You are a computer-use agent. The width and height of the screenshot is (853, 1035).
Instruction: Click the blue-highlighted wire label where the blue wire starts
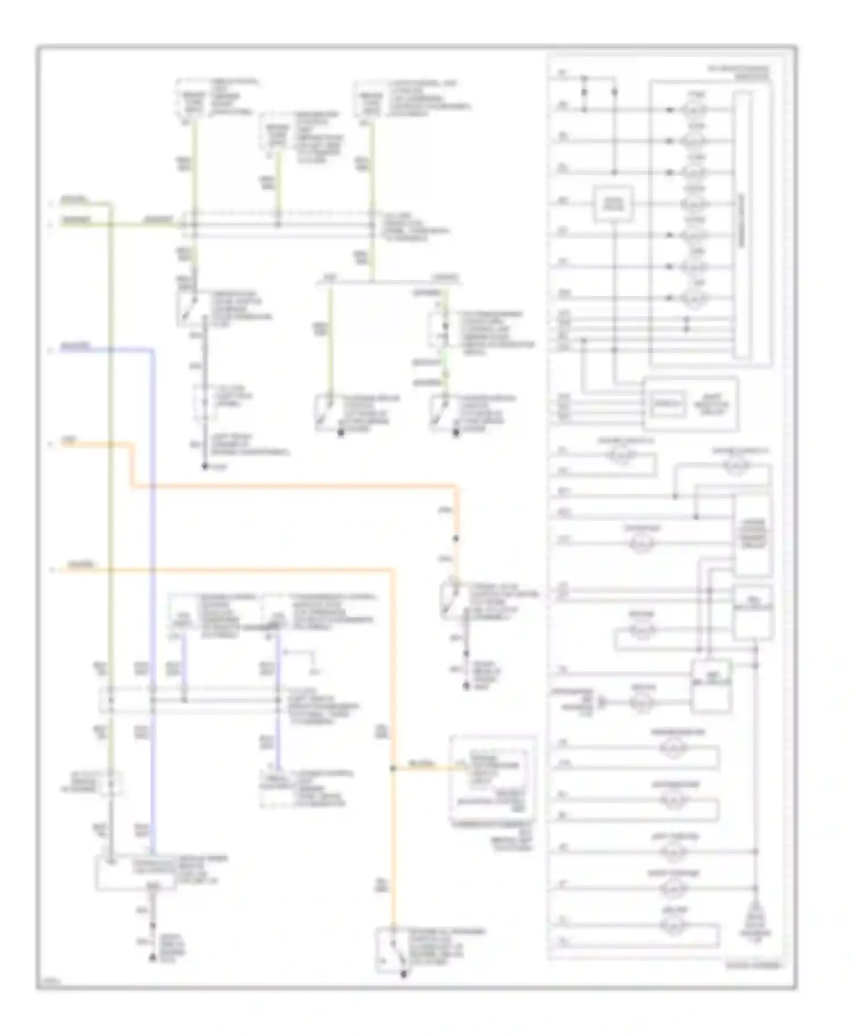pos(76,346)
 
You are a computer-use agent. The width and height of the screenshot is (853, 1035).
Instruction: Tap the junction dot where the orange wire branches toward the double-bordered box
pos(392,768)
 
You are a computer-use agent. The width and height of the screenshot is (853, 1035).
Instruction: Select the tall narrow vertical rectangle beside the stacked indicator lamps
pos(742,225)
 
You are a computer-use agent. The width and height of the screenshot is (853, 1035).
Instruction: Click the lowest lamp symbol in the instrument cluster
pos(673,926)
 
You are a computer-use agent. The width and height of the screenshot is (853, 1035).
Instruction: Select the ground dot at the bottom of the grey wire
pos(205,467)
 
